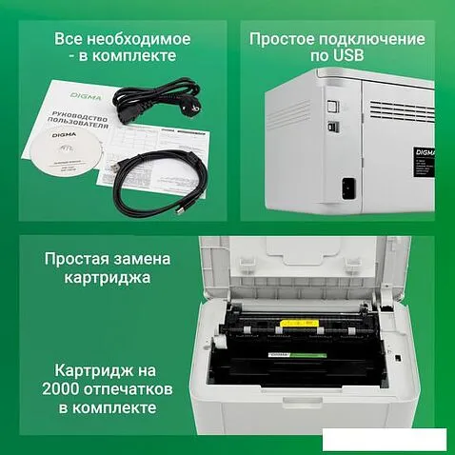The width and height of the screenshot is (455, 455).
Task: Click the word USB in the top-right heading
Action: pos(347,57)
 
